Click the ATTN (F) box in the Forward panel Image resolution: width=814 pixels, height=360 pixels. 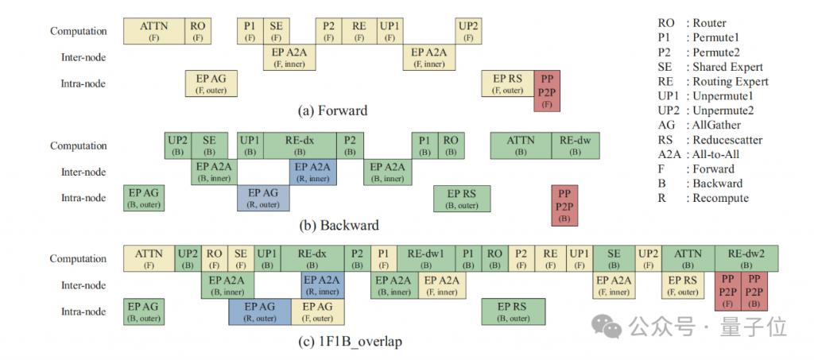click(x=154, y=31)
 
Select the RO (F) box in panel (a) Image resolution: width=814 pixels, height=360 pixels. click(x=198, y=31)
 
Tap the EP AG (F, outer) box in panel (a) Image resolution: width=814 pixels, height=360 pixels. click(x=211, y=83)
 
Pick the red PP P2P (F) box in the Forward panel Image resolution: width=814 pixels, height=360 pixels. click(x=547, y=91)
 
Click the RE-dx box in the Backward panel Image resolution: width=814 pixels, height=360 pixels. click(x=300, y=145)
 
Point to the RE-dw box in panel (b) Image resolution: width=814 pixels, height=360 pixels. click(x=576, y=145)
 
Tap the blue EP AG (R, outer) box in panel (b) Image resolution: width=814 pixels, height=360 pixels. click(x=263, y=198)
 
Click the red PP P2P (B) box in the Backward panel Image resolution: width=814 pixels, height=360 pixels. click(x=564, y=205)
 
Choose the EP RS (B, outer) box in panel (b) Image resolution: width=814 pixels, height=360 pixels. click(x=462, y=198)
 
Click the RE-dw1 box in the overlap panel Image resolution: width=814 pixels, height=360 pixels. click(x=426, y=258)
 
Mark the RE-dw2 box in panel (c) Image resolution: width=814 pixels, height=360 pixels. click(x=746, y=258)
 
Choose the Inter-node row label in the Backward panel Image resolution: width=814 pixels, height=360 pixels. click(x=83, y=172)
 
